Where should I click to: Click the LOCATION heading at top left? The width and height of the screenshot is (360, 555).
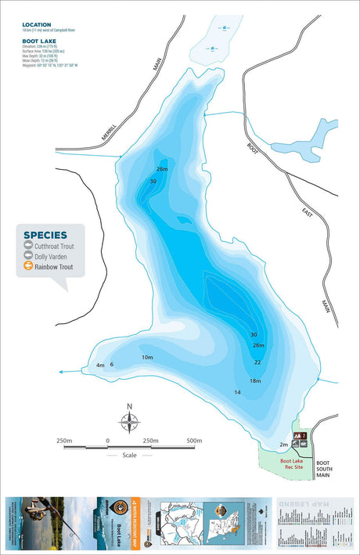tap(37, 25)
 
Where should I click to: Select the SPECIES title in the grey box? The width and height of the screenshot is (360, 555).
tap(45, 234)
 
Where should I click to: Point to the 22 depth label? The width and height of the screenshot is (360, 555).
tap(257, 362)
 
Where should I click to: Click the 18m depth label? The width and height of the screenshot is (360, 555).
tap(254, 380)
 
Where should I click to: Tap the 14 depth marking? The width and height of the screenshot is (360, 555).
tap(237, 392)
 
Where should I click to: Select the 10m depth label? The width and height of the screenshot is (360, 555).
tap(147, 357)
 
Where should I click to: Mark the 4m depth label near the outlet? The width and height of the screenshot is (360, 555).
tap(99, 365)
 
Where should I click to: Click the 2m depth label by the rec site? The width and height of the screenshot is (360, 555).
tap(283, 445)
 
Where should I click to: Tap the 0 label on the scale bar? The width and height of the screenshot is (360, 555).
tap(107, 440)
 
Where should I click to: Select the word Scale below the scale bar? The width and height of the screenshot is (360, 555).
tap(129, 455)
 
